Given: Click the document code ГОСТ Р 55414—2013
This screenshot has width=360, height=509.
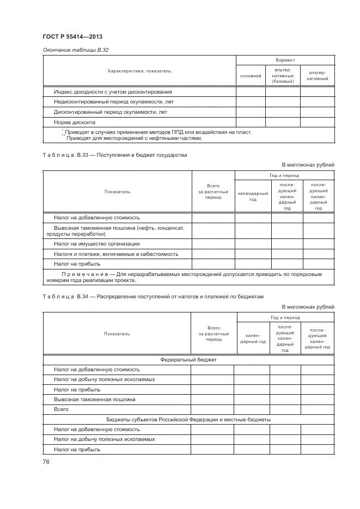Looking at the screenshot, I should [x=72, y=37].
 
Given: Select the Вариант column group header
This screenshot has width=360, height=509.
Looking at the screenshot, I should [x=285, y=60].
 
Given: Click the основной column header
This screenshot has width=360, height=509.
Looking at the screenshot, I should [x=251, y=76].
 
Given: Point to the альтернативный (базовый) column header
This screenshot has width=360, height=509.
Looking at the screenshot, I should [x=282, y=76].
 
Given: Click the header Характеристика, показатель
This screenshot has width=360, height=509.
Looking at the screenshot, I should [x=139, y=71].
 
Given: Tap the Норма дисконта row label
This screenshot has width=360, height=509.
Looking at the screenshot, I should [x=75, y=122].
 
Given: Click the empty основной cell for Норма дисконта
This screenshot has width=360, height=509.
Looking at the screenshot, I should [x=251, y=122].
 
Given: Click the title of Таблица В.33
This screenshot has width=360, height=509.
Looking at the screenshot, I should [x=114, y=155].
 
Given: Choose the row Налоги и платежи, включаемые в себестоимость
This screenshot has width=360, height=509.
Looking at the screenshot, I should [x=115, y=254].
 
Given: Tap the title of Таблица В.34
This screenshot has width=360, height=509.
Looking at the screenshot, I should [x=152, y=297].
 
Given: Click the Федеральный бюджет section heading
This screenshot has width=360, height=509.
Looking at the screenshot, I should [x=188, y=360].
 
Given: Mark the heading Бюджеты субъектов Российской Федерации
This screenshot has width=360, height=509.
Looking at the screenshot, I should [x=188, y=420].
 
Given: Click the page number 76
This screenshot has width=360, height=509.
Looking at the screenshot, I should [x=46, y=462].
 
